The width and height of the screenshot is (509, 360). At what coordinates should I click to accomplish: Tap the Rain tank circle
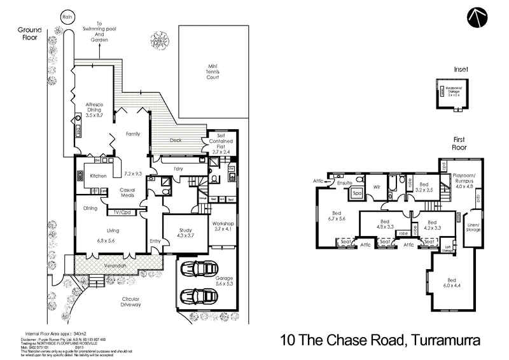pos(66,17)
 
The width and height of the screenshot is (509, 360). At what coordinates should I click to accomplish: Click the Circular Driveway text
pos(127,301)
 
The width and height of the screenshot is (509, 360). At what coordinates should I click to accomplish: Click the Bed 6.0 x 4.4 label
pos(452,283)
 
